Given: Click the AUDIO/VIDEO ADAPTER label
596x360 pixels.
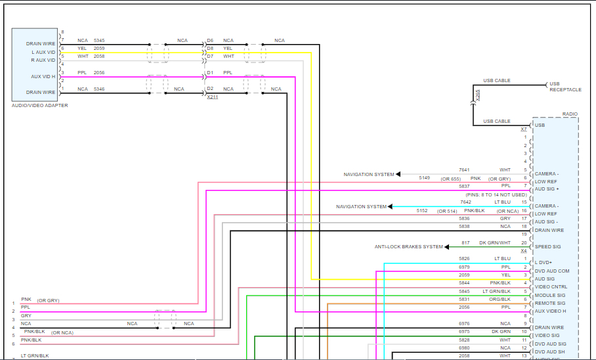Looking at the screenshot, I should pyautogui.click(x=39, y=106).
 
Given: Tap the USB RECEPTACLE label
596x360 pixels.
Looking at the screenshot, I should pyautogui.click(x=565, y=86).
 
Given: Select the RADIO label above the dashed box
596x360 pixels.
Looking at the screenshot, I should pyautogui.click(x=570, y=114).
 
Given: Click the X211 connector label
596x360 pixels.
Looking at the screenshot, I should pyautogui.click(x=212, y=97).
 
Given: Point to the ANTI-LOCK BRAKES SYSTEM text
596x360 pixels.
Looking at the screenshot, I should pyautogui.click(x=408, y=247).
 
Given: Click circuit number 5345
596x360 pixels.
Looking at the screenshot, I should pyautogui.click(x=98, y=41).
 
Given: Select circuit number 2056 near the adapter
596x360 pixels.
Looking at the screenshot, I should pyautogui.click(x=98, y=73).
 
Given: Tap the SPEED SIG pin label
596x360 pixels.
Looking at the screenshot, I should pyautogui.click(x=547, y=247).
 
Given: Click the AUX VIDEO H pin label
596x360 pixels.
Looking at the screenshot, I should pyautogui.click(x=551, y=311).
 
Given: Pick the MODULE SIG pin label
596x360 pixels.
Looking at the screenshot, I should pyautogui.click(x=549, y=295).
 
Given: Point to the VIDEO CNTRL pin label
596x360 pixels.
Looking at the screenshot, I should pyautogui.click(x=551, y=287).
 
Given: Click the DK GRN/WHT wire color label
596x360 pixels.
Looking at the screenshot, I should pyautogui.click(x=495, y=243).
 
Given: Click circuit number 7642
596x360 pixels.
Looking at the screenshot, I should pyautogui.click(x=465, y=202).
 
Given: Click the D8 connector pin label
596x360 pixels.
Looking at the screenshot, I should pyautogui.click(x=210, y=48).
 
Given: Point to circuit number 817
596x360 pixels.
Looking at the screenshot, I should pyautogui.click(x=465, y=243).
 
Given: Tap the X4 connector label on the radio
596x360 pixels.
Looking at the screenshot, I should pyautogui.click(x=524, y=251).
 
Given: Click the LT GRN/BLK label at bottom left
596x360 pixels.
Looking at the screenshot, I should pyautogui.click(x=35, y=355).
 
